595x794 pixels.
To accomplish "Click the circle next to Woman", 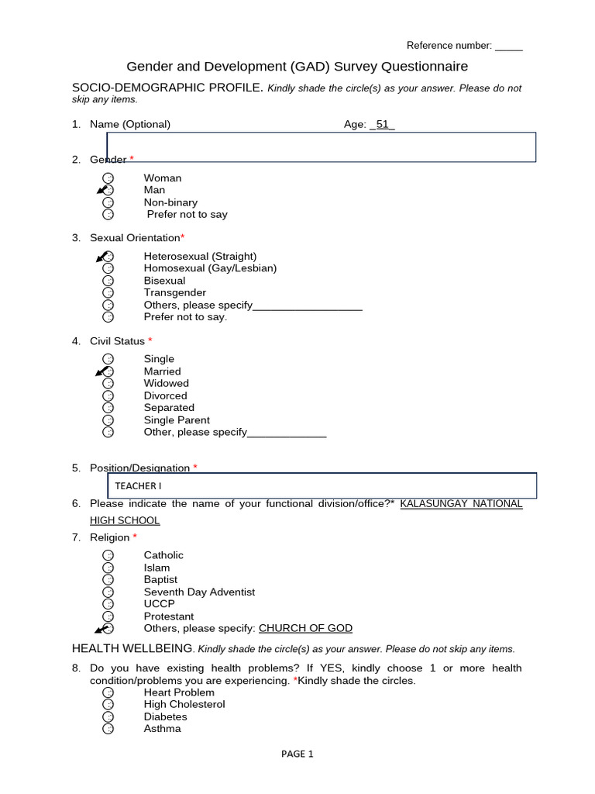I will pyautogui.click(x=108, y=178).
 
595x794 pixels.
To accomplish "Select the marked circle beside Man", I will pyautogui.click(x=108, y=190).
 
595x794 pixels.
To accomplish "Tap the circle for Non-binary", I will pyautogui.click(x=108, y=202).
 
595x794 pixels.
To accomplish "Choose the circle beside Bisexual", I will pyautogui.click(x=108, y=281).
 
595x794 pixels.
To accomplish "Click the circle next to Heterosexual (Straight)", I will pyautogui.click(x=108, y=257).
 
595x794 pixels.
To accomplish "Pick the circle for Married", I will pyautogui.click(x=108, y=371).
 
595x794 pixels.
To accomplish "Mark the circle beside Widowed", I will pyautogui.click(x=108, y=383).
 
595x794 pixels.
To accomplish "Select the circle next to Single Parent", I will pyautogui.click(x=108, y=420).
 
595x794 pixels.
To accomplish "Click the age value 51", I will pyautogui.click(x=382, y=124).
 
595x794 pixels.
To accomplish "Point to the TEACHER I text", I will pyautogui.click(x=139, y=486).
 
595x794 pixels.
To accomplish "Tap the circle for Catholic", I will pyautogui.click(x=108, y=555).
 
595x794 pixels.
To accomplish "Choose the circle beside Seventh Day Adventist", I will pyautogui.click(x=108, y=592).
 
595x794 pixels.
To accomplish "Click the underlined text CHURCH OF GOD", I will pyautogui.click(x=305, y=628).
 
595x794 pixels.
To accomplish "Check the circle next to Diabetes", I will pyautogui.click(x=108, y=716).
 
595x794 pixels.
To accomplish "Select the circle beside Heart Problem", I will pyautogui.click(x=108, y=692).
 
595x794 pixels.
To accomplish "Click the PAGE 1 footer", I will pyautogui.click(x=297, y=754).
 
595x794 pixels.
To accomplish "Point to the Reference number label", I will pyautogui.click(x=449, y=46).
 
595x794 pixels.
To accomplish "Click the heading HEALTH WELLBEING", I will pyautogui.click(x=132, y=648).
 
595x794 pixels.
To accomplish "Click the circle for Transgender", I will pyautogui.click(x=108, y=293).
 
